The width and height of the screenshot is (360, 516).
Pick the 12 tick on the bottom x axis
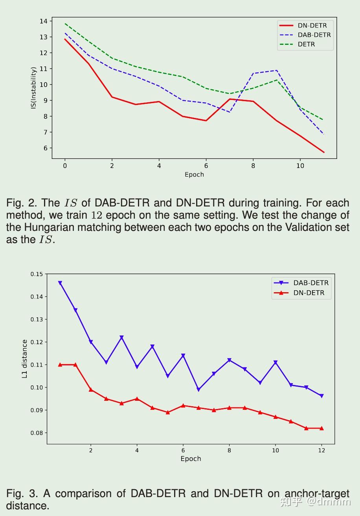(x=321, y=450)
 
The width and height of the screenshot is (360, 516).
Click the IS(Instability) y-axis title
(x=34, y=88)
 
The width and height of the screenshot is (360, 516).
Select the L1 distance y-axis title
(x=24, y=359)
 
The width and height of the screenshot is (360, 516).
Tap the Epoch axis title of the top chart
(x=194, y=175)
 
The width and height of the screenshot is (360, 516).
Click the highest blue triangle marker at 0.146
(x=60, y=283)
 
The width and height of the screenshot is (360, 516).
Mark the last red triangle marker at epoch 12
(x=321, y=428)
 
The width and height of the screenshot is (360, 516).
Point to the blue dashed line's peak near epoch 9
(x=277, y=71)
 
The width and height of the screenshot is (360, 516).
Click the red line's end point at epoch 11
(x=324, y=152)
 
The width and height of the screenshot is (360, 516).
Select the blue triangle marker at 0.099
(x=198, y=389)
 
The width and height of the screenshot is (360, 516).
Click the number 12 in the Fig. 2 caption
(x=97, y=215)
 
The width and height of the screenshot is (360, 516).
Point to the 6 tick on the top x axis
(x=206, y=166)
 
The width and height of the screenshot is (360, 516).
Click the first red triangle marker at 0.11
(x=60, y=365)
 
